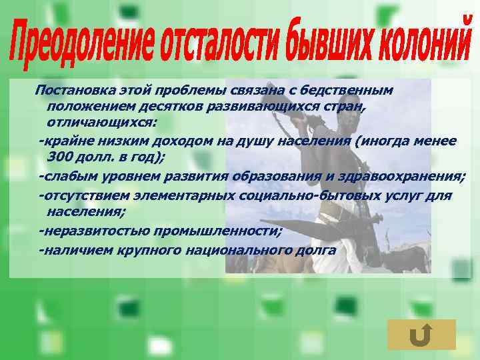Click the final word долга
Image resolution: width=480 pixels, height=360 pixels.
click(x=317, y=249)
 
